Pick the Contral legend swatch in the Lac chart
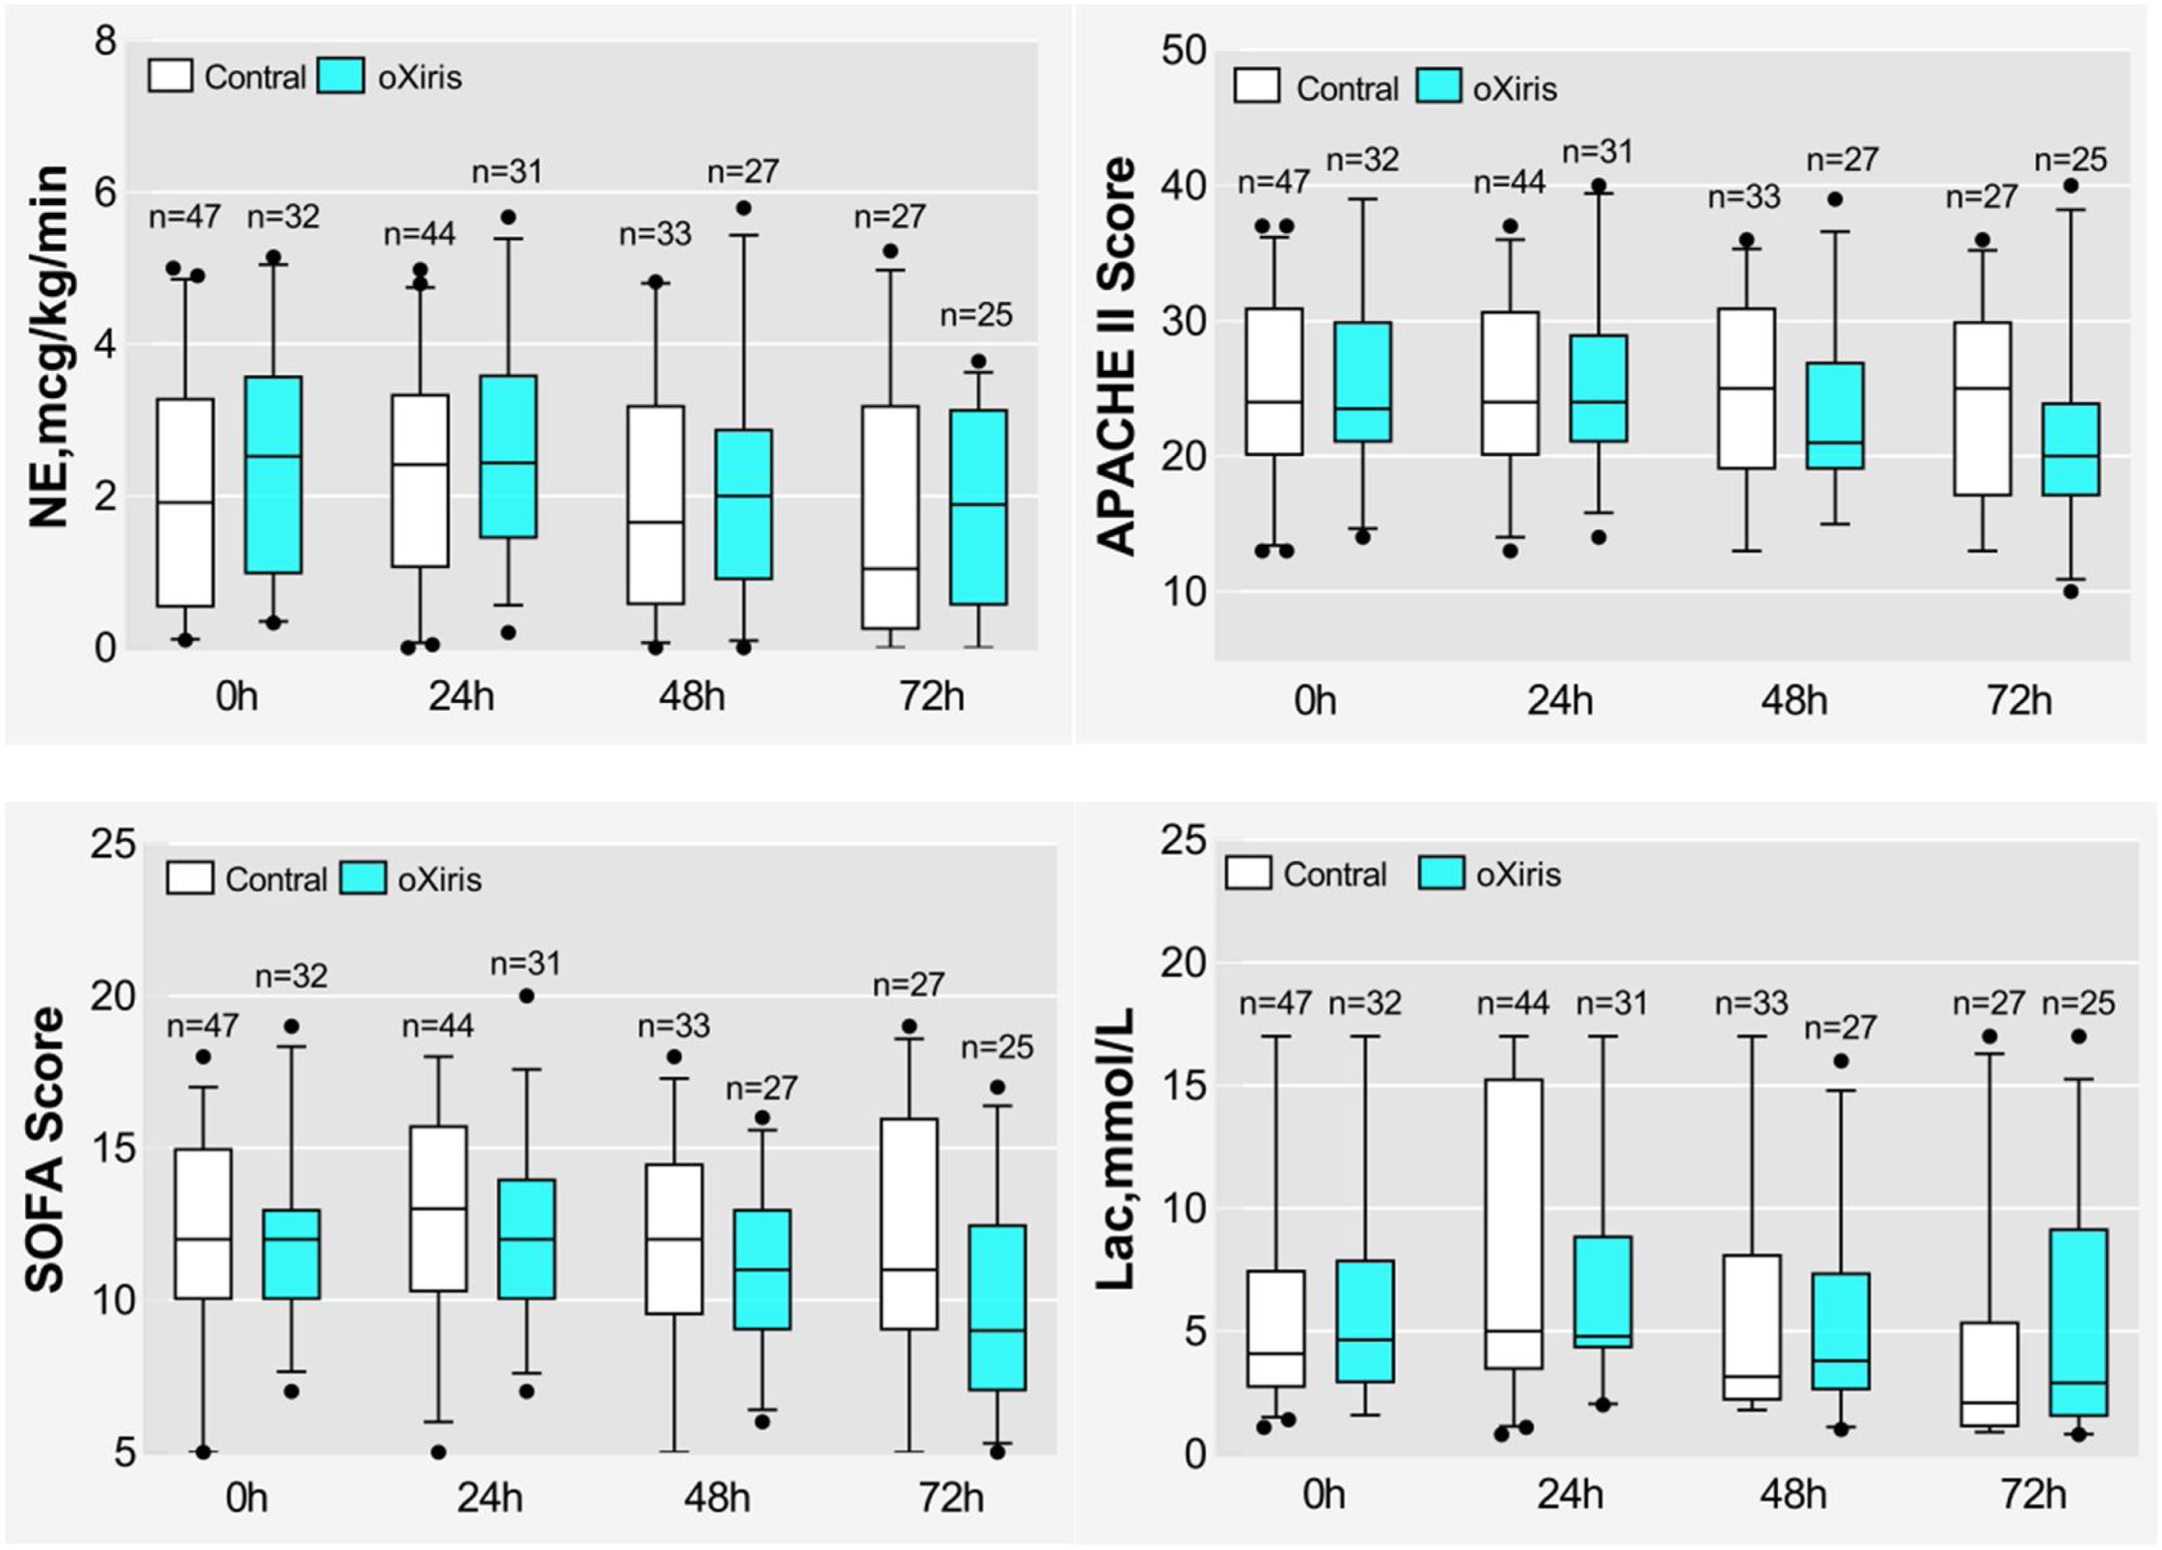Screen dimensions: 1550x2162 point(1248,873)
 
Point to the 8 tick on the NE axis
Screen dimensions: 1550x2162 point(105,41)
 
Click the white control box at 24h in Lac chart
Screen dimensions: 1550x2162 point(1514,1224)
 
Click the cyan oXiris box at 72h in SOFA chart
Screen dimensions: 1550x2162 point(997,1307)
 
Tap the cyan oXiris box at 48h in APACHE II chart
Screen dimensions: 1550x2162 point(1835,416)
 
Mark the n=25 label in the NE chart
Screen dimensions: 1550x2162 point(976,316)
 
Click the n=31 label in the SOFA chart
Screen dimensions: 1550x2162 point(525,964)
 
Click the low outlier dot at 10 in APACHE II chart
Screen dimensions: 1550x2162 point(2071,592)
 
